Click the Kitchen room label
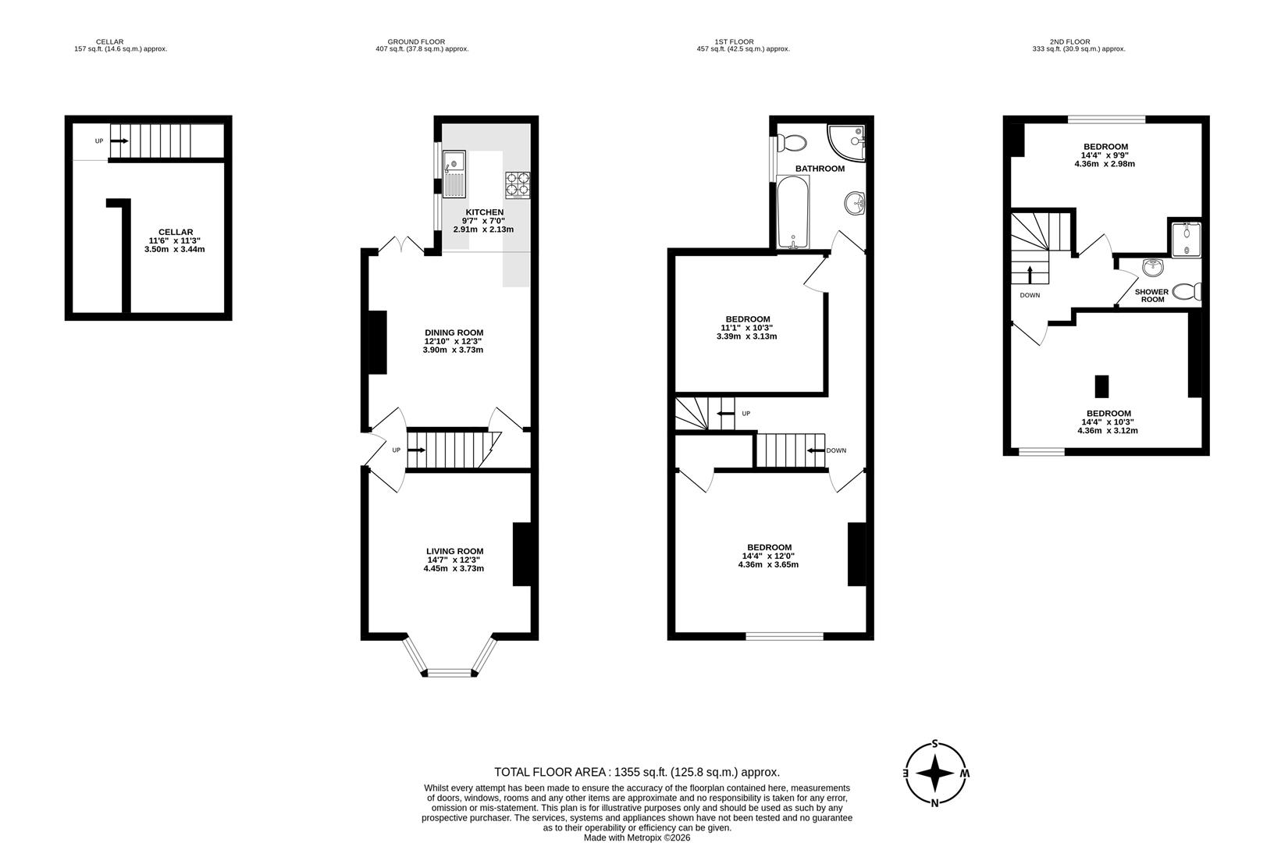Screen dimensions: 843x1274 484,212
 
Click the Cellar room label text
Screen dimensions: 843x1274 175,232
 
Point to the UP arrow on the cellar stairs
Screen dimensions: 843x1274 119,141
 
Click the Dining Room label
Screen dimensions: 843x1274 454,332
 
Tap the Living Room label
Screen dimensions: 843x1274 454,550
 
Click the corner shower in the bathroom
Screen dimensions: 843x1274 848,142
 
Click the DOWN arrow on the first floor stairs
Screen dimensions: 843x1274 816,450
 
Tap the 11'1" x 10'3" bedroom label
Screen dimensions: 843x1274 747,319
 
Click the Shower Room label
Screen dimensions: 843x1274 1151,295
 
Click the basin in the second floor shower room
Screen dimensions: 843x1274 1152,269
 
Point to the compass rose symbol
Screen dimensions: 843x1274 935,774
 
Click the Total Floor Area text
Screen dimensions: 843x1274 636,772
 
